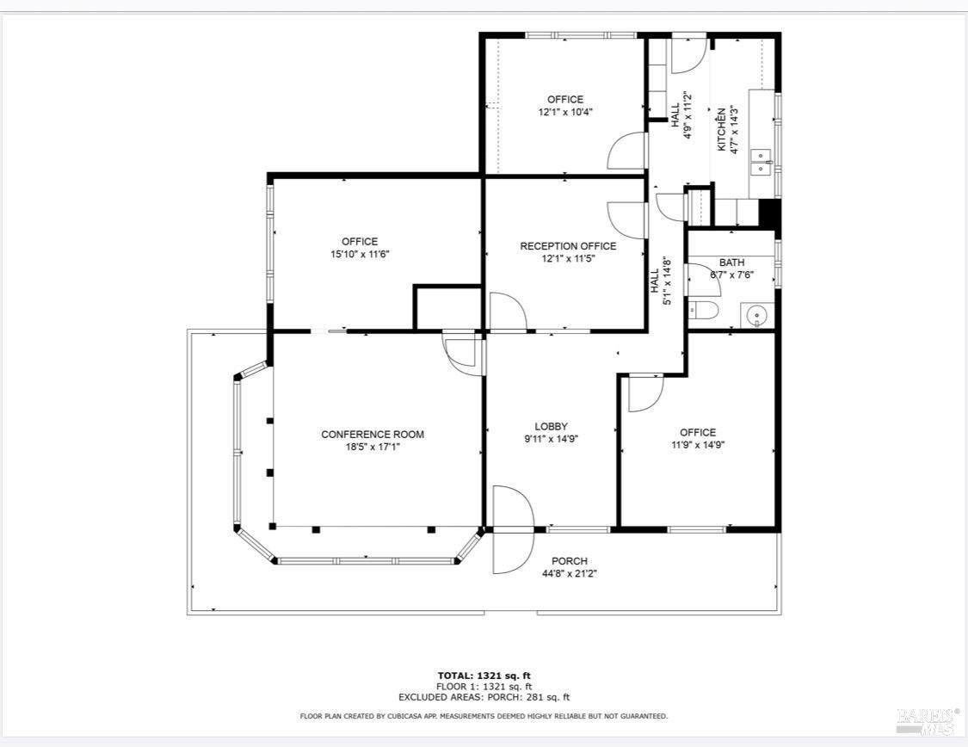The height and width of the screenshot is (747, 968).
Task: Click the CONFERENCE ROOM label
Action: tap(373, 435)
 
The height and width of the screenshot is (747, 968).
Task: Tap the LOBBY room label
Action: tap(551, 427)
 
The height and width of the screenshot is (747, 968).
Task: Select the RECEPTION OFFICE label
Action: tap(568, 246)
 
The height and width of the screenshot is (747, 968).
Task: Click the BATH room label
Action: tap(731, 262)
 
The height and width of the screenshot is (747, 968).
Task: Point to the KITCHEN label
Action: tap(721, 130)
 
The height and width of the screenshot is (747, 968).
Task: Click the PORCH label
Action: tap(570, 561)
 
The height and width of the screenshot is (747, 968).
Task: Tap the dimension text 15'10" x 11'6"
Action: tap(360, 254)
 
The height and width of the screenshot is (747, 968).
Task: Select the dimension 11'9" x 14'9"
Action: tap(698, 444)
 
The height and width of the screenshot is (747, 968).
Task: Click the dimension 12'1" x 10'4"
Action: tap(565, 112)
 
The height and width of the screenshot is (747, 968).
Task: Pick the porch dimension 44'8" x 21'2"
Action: tap(570, 573)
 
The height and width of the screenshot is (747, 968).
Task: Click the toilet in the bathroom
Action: tap(703, 311)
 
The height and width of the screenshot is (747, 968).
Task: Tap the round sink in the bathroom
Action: tap(755, 317)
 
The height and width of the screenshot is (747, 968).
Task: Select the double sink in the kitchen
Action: tap(761, 162)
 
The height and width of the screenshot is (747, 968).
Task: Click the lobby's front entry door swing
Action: tap(513, 529)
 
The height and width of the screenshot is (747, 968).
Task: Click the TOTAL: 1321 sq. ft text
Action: tap(484, 676)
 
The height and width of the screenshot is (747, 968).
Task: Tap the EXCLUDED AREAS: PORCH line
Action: tap(484, 698)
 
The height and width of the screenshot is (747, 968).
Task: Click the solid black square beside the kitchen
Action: tap(768, 213)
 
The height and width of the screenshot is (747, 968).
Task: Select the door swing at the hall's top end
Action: tap(687, 53)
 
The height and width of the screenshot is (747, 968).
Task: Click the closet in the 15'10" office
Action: tap(447, 308)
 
